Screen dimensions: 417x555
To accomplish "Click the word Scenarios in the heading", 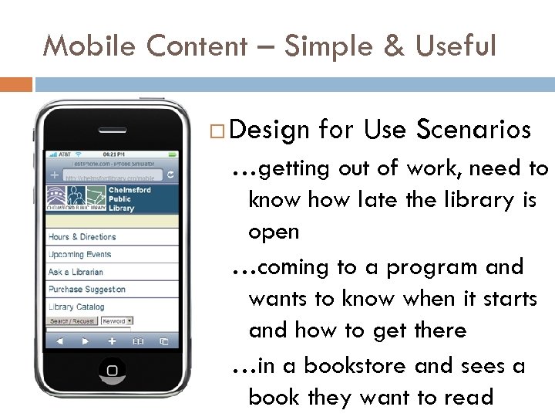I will [x=473, y=130].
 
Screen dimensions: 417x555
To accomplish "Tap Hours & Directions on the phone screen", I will [x=82, y=237].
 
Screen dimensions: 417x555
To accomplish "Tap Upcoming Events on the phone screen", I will [x=80, y=255].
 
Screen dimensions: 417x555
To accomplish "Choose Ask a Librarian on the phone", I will [x=76, y=272].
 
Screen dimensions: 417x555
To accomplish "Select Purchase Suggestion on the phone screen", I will [x=86, y=290].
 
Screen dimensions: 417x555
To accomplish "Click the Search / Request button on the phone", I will [x=72, y=320].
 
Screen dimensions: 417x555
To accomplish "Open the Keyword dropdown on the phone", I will [x=117, y=320].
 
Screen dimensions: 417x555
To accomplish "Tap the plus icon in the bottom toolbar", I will [x=112, y=340].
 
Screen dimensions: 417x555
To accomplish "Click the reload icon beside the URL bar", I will [x=170, y=176].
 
